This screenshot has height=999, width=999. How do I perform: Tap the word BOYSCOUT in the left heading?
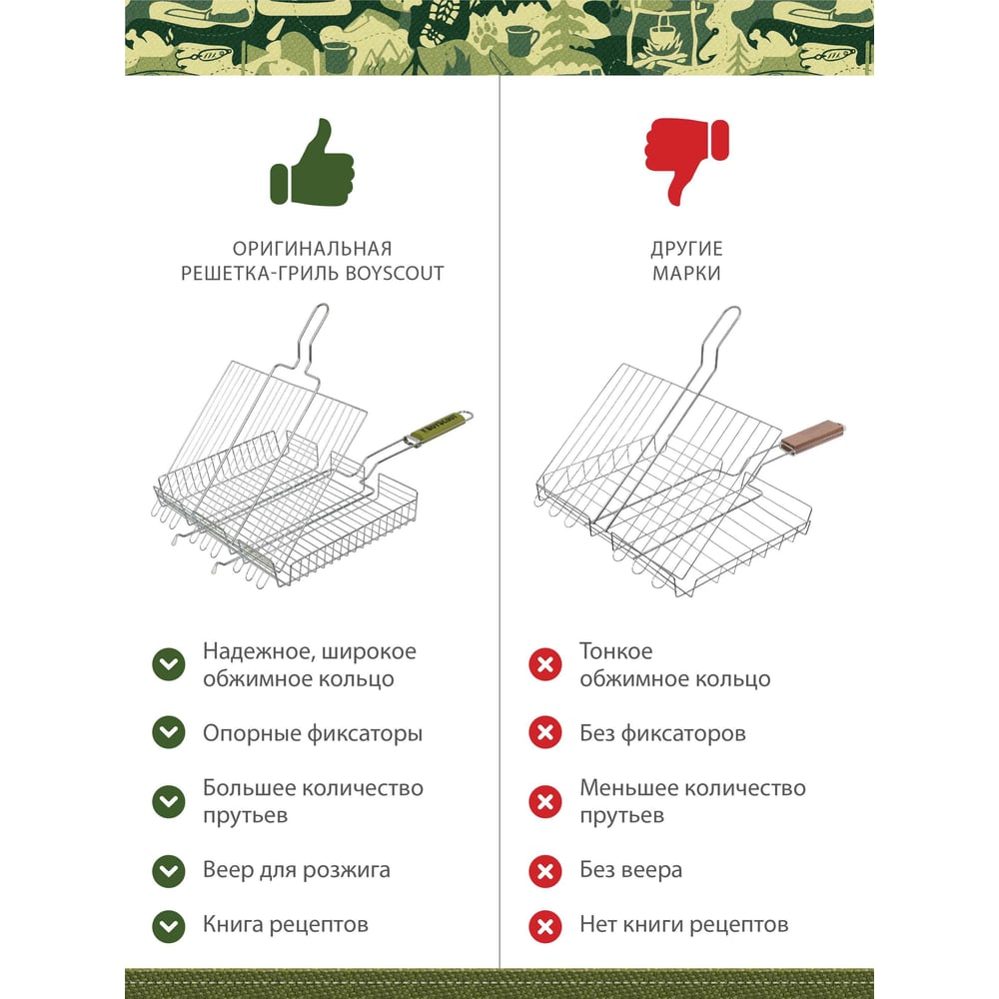coord(395,274)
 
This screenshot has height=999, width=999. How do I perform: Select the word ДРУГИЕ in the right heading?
coord(686,249)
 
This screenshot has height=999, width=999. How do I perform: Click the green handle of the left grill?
coord(438,425)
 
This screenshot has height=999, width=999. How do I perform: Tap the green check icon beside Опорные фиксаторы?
coord(168,732)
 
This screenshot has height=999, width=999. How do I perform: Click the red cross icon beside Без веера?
coord(544,871)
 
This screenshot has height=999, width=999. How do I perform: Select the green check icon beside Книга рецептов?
coord(168,926)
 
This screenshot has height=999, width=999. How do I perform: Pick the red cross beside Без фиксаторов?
coord(544,732)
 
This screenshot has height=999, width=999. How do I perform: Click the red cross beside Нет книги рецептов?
coord(544,926)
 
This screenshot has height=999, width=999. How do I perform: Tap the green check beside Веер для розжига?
coord(168,871)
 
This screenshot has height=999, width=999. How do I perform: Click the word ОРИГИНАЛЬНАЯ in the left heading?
coord(312,249)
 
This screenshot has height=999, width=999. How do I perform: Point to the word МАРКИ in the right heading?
coord(686,274)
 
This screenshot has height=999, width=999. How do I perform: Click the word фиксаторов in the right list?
coord(683,734)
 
